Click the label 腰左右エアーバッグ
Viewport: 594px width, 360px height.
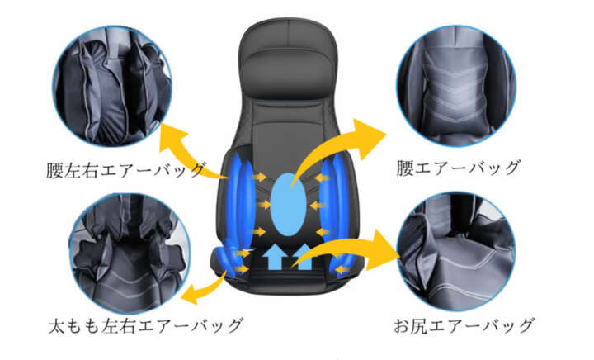[x=126, y=169]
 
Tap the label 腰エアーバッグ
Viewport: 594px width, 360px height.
[x=459, y=168]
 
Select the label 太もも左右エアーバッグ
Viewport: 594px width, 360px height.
[x=145, y=325]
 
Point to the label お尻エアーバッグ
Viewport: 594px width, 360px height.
[x=464, y=325]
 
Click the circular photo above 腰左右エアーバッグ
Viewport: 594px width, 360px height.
[x=112, y=86]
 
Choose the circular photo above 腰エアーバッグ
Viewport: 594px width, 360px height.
[x=456, y=86]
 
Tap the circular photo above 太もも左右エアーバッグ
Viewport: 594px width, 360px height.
[x=130, y=253]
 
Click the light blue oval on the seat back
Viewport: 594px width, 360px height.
[x=288, y=204]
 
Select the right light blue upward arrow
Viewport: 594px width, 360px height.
[x=303, y=257]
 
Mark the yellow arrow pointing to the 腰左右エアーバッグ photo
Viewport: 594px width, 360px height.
[x=190, y=152]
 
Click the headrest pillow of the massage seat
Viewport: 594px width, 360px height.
[x=288, y=76]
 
